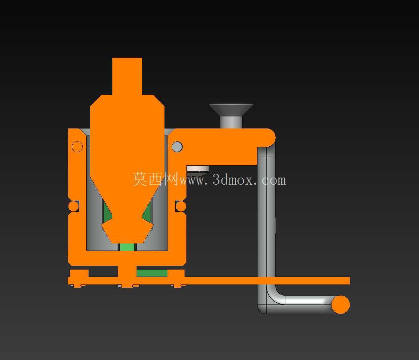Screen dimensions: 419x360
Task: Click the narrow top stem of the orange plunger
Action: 127,76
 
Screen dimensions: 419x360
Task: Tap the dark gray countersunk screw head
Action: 231,109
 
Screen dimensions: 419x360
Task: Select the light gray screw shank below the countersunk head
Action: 231,122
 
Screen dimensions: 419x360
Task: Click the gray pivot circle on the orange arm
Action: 177,147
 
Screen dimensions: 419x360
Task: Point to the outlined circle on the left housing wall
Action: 77,147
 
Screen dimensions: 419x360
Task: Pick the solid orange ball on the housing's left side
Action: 74,206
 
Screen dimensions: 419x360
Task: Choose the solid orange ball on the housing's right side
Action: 181,206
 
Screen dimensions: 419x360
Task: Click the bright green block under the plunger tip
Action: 127,247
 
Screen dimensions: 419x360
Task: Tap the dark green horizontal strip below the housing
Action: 152,273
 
